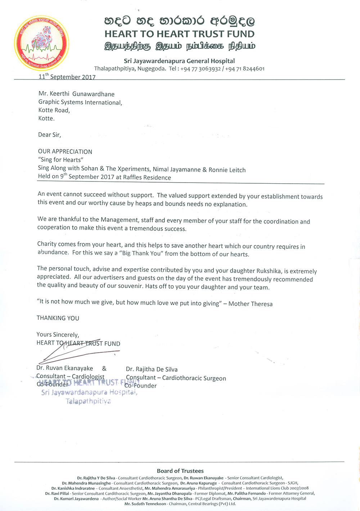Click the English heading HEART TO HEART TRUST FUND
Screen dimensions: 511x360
click(179, 34)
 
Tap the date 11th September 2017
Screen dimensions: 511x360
click(67, 77)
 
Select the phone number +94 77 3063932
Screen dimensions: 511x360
click(200, 69)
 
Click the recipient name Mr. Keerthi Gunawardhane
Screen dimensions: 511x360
click(76, 94)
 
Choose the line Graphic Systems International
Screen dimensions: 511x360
click(80, 102)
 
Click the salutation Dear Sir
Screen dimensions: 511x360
click(49, 135)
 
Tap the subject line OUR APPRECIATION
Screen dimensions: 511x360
click(65, 152)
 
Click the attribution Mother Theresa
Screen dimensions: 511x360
click(250, 304)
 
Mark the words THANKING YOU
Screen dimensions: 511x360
click(58, 318)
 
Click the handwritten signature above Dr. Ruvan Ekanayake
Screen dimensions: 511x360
click(72, 351)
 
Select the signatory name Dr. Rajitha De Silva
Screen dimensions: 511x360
click(152, 369)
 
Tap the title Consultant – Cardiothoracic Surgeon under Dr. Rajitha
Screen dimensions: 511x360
click(176, 378)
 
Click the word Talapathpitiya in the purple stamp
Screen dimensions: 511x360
click(88, 401)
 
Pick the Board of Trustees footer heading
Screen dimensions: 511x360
click(180, 471)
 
